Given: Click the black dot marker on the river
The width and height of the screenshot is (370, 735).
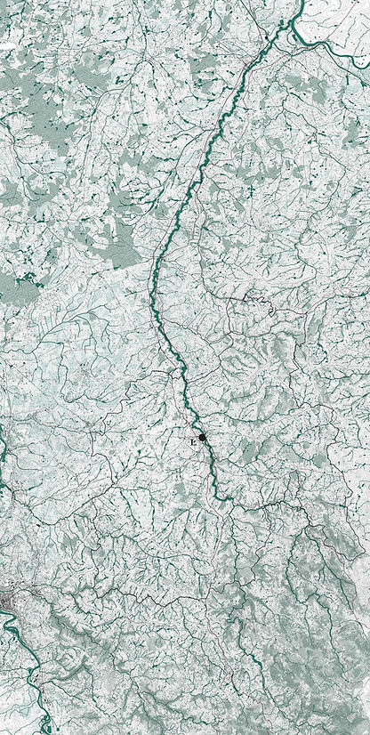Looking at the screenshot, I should (x=203, y=438).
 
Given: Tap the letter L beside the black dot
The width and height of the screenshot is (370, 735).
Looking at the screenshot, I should (x=191, y=441).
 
